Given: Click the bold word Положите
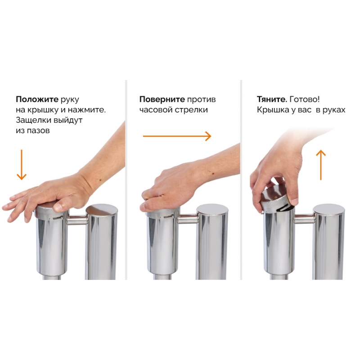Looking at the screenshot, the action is pos(37,99).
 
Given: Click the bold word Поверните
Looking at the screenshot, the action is pos(162,99).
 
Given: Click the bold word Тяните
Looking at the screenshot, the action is pos(272,99).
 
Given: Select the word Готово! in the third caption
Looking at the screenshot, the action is pos(305,99).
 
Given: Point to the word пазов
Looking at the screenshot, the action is pos(38,130).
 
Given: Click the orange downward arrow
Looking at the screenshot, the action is pos(22,165).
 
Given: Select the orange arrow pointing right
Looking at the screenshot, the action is pos(177,136).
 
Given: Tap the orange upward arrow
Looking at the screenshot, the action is pos(321,165).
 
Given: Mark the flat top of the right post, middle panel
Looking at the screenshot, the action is pos(212,209).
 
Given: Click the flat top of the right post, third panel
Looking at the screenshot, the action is pos(329,210).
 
